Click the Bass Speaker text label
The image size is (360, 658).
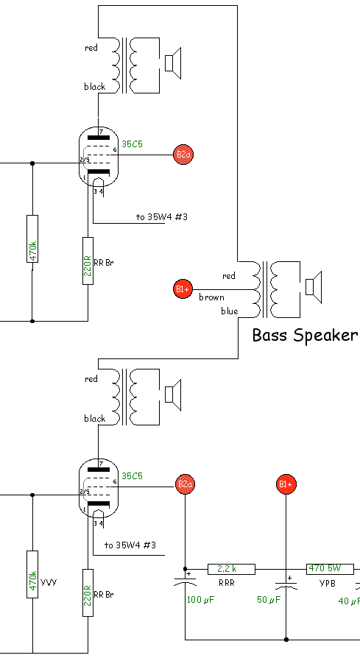pyautogui.click(x=305, y=336)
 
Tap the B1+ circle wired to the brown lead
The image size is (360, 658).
pyautogui.click(x=183, y=289)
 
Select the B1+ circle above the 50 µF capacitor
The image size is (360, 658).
pyautogui.click(x=286, y=484)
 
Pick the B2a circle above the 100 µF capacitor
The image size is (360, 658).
pyautogui.click(x=185, y=484)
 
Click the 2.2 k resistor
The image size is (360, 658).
pyautogui.click(x=231, y=569)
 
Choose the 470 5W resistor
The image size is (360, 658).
pyautogui.click(x=329, y=569)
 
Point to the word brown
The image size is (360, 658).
pyautogui.click(x=211, y=297)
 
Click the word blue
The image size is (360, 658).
pyautogui.click(x=230, y=311)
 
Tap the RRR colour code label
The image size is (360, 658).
pyautogui.click(x=227, y=583)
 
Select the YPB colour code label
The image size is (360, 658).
pyautogui.click(x=327, y=583)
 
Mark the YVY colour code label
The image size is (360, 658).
pyautogui.click(x=49, y=582)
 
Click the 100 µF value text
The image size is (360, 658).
pyautogui.click(x=200, y=600)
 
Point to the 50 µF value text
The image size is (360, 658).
pyautogui.click(x=269, y=600)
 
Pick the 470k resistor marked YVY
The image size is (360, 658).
pyautogui.click(x=32, y=574)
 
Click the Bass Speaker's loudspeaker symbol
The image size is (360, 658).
pyautogui.click(x=314, y=287)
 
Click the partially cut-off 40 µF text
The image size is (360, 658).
pyautogui.click(x=349, y=601)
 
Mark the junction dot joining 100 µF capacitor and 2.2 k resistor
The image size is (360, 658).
pyautogui.click(x=185, y=569)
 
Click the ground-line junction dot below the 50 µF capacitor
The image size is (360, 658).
pyautogui.click(x=286, y=640)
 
